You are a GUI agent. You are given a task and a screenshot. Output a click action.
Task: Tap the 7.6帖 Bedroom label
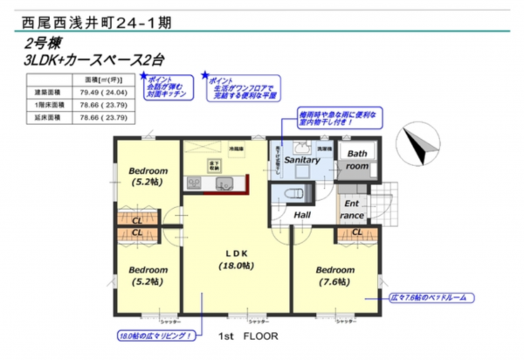(x=334, y=275)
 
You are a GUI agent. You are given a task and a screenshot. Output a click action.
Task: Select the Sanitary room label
(x=302, y=161)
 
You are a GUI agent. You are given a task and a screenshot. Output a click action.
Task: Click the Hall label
(x=303, y=214)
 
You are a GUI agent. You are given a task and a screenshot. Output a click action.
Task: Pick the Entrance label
(x=353, y=209)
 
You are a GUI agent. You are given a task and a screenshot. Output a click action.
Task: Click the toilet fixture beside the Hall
(x=295, y=191)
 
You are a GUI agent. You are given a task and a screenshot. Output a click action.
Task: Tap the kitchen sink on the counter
(x=222, y=183)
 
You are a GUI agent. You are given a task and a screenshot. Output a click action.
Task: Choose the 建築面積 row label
(x=48, y=91)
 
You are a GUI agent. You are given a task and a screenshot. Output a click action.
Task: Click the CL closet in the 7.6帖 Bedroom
(x=356, y=232)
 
